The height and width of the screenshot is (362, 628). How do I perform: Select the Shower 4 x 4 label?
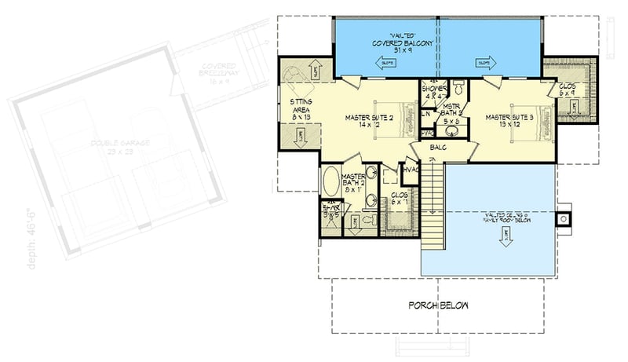pyautogui.click(x=433, y=93)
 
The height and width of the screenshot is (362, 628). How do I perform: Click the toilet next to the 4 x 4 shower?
pyautogui.click(x=459, y=87)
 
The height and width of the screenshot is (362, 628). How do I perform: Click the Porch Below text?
pyautogui.click(x=437, y=305)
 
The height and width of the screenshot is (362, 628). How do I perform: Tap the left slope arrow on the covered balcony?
pyautogui.click(x=386, y=63)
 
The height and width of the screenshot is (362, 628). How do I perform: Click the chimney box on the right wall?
pyautogui.click(x=564, y=219)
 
